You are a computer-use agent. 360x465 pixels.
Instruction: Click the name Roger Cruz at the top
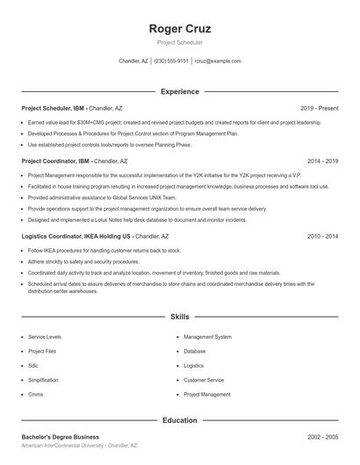point(180,29)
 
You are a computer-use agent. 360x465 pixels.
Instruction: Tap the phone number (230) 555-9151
point(171,61)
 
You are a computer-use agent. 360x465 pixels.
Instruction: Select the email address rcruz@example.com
point(218,61)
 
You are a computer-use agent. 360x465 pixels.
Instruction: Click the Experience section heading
point(180,91)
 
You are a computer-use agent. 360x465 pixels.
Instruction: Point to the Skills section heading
point(180,316)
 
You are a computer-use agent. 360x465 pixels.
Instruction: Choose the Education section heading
point(180,420)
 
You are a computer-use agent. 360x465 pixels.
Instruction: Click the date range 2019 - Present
point(319,108)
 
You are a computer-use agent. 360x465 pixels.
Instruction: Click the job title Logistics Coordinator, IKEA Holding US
point(76,237)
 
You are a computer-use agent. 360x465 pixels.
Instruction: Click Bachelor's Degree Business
point(61,437)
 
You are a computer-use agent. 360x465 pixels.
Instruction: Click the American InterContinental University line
point(79,447)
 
